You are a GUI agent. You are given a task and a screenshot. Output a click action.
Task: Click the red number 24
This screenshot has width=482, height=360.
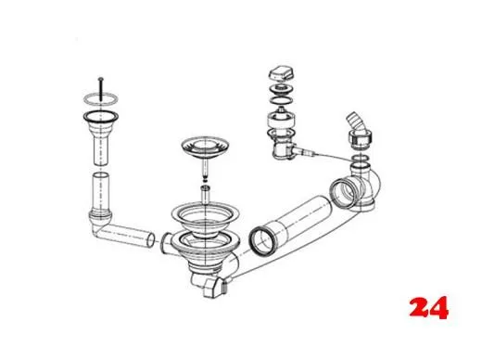[x=428, y=307]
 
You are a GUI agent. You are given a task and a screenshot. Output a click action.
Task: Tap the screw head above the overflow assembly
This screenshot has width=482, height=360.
[x=100, y=79]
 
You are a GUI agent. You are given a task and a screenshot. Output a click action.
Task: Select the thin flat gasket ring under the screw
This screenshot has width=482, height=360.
[x=101, y=98]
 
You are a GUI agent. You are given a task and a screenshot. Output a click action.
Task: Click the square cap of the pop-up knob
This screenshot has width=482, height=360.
[x=281, y=73]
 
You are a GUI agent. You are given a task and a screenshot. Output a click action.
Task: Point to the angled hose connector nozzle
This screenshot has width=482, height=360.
[x=355, y=122]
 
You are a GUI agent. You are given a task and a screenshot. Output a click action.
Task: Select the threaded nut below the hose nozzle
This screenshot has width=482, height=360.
[x=361, y=139]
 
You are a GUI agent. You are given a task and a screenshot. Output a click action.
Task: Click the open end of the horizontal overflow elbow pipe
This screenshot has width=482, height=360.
[x=150, y=240]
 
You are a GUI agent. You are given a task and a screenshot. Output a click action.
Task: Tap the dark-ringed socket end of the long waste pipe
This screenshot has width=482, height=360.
[x=260, y=240]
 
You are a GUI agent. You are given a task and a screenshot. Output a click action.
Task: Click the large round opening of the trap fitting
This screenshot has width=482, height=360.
[x=343, y=192]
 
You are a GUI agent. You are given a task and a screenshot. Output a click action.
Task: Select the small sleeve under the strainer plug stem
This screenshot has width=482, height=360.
[x=205, y=194]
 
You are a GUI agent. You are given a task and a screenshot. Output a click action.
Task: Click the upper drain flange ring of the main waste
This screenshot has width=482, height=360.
[x=205, y=215]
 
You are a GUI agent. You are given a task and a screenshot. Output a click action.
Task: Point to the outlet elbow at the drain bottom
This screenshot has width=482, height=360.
[x=210, y=283]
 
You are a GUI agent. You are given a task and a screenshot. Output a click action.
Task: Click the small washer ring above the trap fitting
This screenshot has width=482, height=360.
[x=361, y=160]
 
